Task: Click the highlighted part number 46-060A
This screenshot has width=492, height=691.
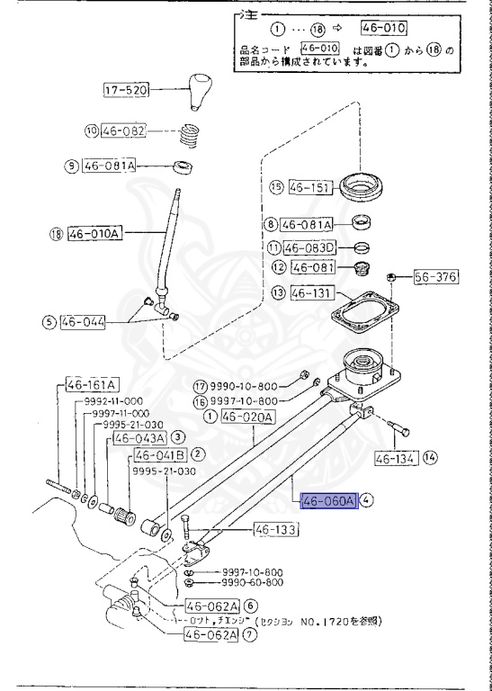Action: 329,501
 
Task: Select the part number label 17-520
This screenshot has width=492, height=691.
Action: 126,90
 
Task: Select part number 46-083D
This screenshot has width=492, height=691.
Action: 310,247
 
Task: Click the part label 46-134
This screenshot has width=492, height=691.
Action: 394,458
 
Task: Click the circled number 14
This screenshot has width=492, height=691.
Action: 430,458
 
